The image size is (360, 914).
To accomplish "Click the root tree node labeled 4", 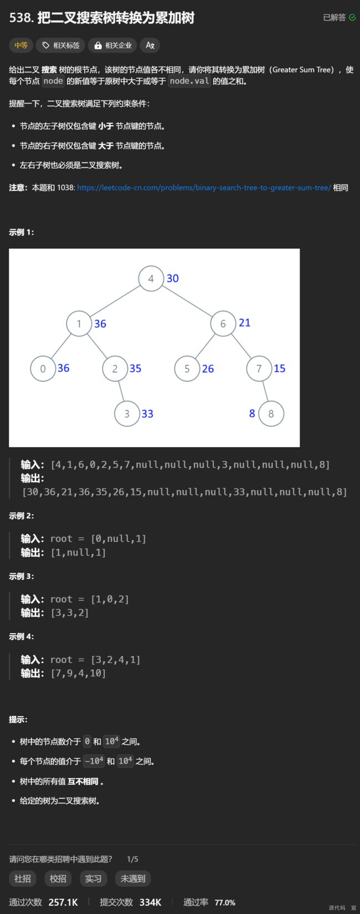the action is click(151, 278).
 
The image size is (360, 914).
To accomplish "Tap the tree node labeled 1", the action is click(79, 324).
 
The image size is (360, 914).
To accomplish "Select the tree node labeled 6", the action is click(223, 324).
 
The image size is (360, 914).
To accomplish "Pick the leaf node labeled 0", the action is click(43, 368).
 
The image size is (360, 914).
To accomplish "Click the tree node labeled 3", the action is click(127, 414).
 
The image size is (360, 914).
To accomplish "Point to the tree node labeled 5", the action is click(187, 368).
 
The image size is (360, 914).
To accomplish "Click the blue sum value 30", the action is click(173, 278).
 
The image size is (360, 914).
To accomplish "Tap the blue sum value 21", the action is click(244, 323).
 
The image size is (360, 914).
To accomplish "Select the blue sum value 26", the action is click(208, 369).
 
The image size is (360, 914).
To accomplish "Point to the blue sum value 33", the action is click(147, 414).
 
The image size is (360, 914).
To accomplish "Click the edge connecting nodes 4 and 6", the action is click(187, 301).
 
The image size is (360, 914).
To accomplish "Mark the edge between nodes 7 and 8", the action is click(265, 391).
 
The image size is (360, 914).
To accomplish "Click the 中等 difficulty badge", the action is click(21, 45).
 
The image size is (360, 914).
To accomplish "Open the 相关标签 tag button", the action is click(60, 45).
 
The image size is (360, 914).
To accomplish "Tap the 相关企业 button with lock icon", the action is click(112, 45).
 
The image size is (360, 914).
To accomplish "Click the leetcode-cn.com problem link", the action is click(204, 188).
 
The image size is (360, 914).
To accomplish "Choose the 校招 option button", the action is click(58, 879).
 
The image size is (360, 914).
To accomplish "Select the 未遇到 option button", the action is click(133, 879).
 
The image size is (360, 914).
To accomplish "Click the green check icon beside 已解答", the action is click(352, 18).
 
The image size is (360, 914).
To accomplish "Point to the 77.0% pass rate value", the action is click(225, 902).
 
